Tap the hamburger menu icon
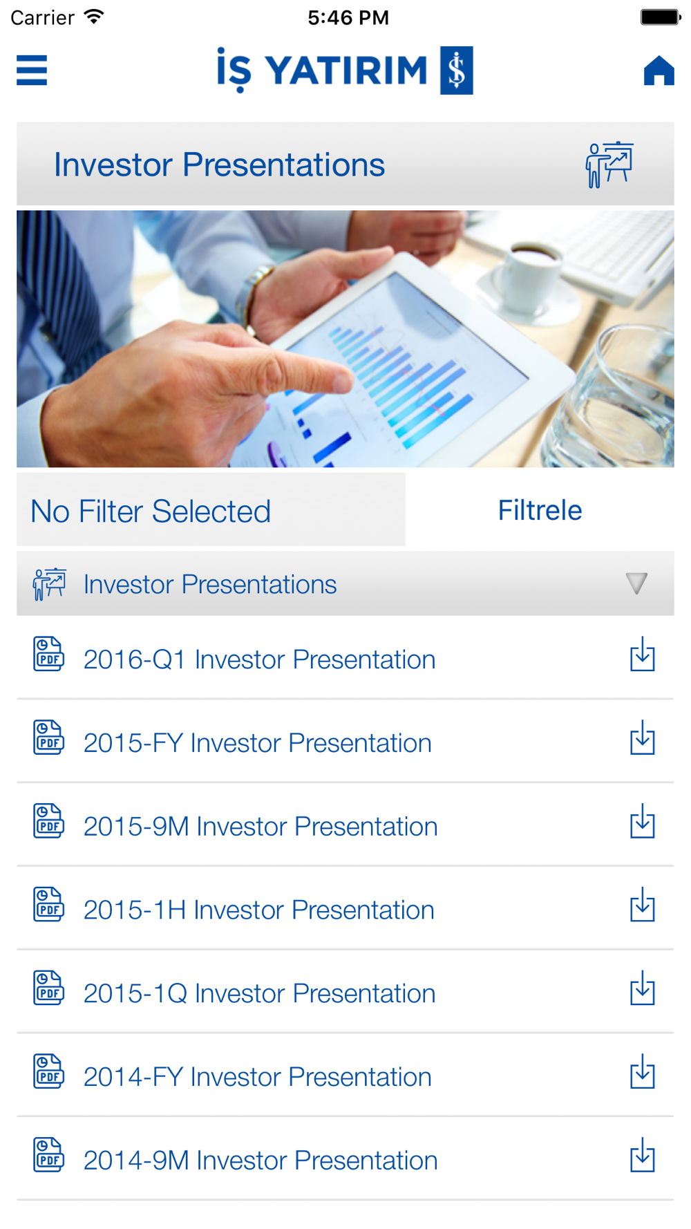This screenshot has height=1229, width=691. [32, 70]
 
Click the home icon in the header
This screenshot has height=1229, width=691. [659, 70]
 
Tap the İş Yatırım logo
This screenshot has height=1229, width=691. [345, 70]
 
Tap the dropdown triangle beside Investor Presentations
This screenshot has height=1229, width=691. [636, 583]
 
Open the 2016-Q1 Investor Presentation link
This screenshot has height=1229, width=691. [259, 659]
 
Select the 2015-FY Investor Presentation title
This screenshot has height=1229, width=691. [257, 743]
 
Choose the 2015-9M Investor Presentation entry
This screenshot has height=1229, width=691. [261, 827]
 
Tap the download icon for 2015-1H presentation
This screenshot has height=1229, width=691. [643, 905]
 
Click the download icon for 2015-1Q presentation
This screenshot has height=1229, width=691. [643, 988]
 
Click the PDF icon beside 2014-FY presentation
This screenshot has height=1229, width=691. [48, 1071]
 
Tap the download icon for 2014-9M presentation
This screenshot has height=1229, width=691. [643, 1155]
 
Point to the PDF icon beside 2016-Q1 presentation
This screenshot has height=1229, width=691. [48, 654]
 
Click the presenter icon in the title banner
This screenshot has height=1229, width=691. [609, 165]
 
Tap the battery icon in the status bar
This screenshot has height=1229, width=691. [660, 17]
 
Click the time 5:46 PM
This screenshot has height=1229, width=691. [348, 17]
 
